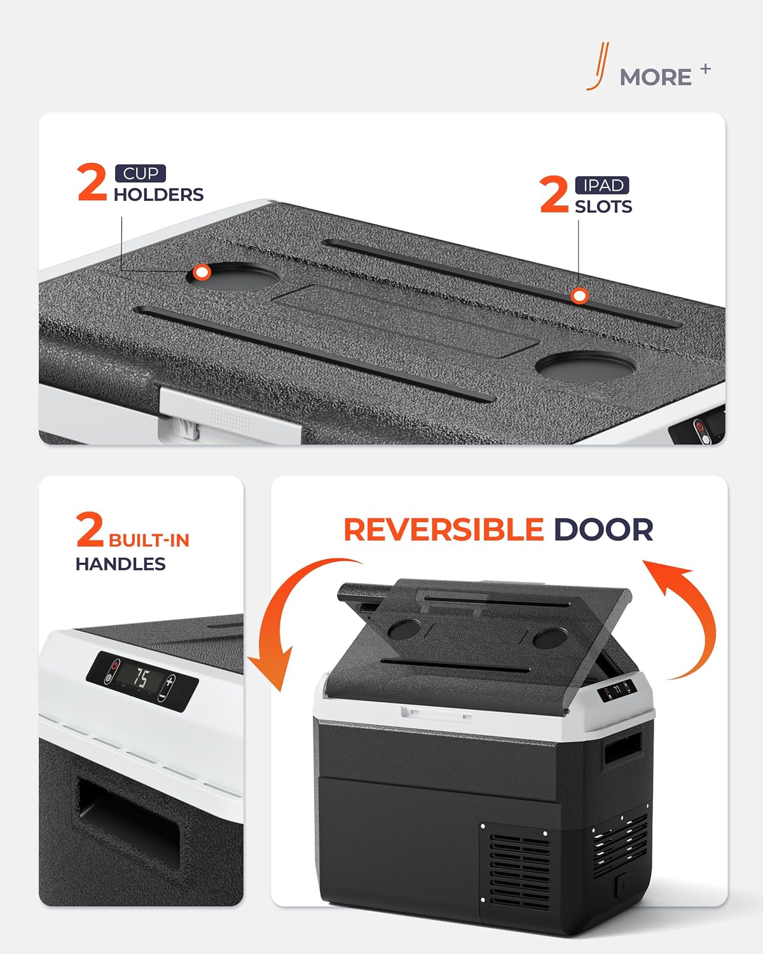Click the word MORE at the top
click(x=656, y=78)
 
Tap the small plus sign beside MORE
click(x=705, y=69)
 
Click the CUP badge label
click(x=141, y=174)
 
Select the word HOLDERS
click(x=159, y=195)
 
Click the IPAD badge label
click(x=602, y=185)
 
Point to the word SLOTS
click(x=603, y=207)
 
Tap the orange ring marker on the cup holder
click(x=202, y=272)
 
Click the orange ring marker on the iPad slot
click(x=579, y=296)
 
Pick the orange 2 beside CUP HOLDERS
click(x=92, y=182)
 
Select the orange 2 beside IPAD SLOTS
click(x=554, y=194)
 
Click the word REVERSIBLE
click(x=444, y=530)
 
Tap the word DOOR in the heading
click(x=603, y=530)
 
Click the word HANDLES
click(x=121, y=564)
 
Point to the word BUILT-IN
click(x=149, y=541)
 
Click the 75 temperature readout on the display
click(x=141, y=678)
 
